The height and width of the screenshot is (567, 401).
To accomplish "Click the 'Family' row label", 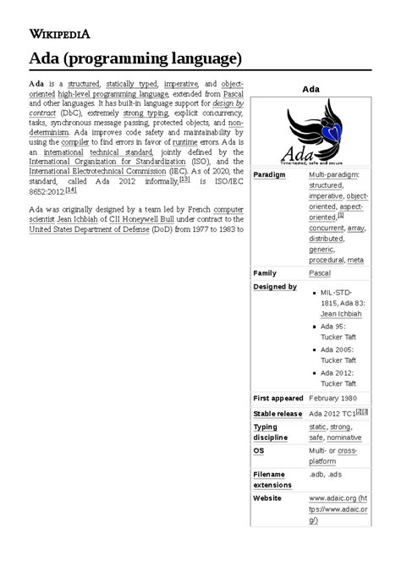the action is coord(266,273).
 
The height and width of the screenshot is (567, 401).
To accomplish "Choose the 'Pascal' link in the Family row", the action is coord(320,273).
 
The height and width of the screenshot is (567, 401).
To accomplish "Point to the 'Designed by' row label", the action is coord(275,288).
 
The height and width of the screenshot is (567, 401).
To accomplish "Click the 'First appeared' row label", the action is coord(278,397).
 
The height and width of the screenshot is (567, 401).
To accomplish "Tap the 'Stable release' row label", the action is coord(278,413).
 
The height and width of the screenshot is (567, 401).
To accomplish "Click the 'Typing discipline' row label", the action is coord(272,432).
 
